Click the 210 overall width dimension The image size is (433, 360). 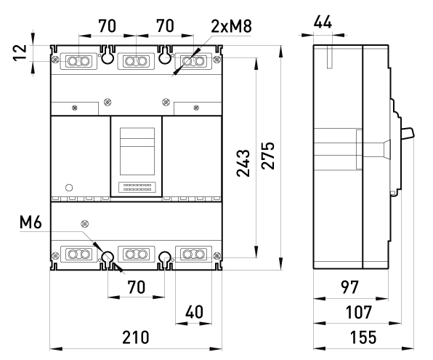(135, 337)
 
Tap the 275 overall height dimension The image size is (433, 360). (268, 156)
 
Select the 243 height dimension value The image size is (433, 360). (243, 163)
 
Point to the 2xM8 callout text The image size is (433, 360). (232, 26)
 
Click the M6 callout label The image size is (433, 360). (31, 222)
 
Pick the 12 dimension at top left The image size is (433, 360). (20, 52)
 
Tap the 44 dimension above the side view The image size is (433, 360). (323, 22)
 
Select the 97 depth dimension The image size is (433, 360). (349, 287)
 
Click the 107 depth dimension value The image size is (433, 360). (359, 312)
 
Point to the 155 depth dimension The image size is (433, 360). (363, 337)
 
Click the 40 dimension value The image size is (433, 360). (194, 312)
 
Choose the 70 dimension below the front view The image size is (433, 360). (136, 287)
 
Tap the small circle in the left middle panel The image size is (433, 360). (69, 188)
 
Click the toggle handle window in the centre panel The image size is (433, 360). (137, 151)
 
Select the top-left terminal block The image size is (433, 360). (78, 61)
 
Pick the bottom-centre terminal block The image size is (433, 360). (136, 254)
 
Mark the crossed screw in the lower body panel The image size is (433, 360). (85, 223)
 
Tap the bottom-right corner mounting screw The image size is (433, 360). (217, 255)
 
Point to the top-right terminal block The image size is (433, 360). (193, 61)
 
